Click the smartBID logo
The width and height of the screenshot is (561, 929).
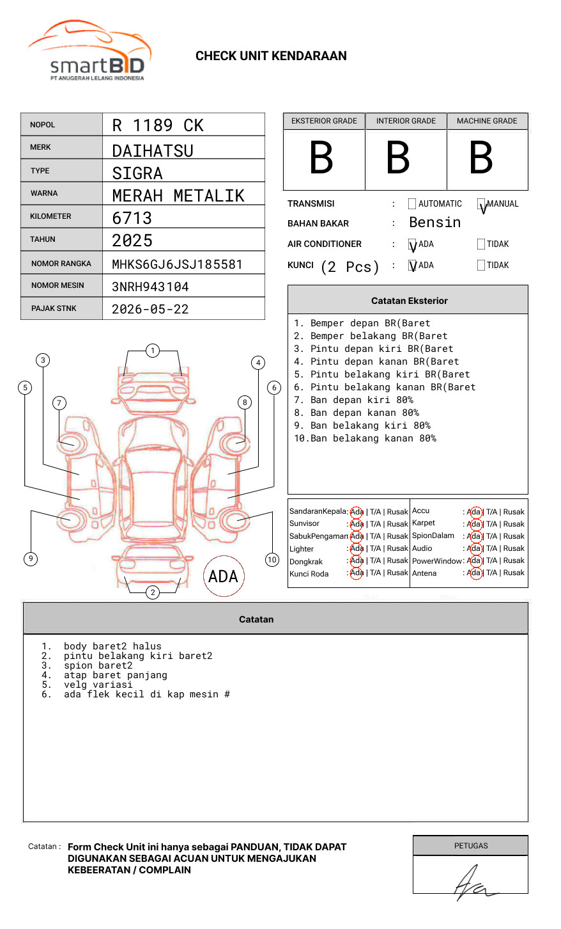click(x=89, y=51)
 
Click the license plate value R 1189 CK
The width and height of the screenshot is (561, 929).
click(x=157, y=125)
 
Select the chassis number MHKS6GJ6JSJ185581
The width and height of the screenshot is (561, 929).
click(x=177, y=264)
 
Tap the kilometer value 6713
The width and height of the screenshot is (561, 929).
click(x=132, y=218)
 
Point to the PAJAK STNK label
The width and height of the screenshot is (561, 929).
click(x=54, y=308)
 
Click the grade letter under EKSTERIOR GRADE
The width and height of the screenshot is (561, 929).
click(x=321, y=159)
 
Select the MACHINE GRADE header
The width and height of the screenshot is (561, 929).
click(x=487, y=121)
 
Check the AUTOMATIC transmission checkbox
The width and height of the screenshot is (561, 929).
click(x=412, y=204)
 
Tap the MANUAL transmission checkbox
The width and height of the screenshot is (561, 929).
click(x=481, y=205)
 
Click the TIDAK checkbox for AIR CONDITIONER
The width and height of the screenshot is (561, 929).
click(x=481, y=244)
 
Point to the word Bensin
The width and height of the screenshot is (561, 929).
click(x=434, y=223)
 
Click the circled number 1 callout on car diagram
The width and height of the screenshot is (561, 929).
click(x=152, y=351)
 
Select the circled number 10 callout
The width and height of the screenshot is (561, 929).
click(x=272, y=560)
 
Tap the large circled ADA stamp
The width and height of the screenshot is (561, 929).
click(x=224, y=576)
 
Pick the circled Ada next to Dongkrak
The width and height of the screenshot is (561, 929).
click(x=357, y=561)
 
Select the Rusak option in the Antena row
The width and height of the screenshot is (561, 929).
click(x=514, y=573)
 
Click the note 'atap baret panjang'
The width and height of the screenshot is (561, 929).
click(x=115, y=675)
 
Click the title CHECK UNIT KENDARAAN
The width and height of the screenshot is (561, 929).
click(x=271, y=56)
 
